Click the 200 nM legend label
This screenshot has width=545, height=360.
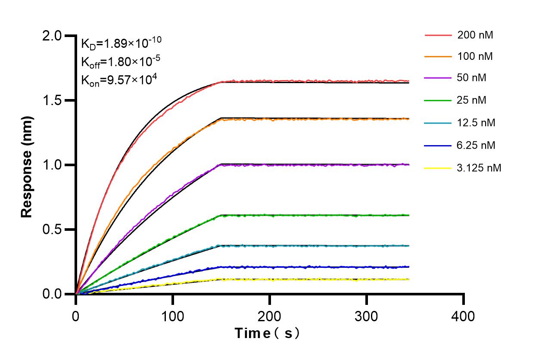pyautogui.click(x=475, y=35)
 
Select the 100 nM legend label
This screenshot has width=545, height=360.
pyautogui.click(x=475, y=57)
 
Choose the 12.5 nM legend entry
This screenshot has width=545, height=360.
pyautogui.click(x=476, y=123)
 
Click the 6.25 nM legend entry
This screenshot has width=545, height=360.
pyautogui.click(x=476, y=146)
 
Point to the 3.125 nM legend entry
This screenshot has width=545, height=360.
pyautogui.click(x=479, y=168)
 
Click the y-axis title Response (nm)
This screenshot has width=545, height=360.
pyautogui.click(x=27, y=167)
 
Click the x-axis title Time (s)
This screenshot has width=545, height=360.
pyautogui.click(x=267, y=333)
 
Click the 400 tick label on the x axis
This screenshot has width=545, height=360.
pyautogui.click(x=463, y=317)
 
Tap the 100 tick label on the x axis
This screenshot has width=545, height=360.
pyautogui.click(x=173, y=317)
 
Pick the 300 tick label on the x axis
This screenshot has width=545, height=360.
pyautogui.click(x=366, y=317)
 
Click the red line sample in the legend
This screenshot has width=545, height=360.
pyautogui.click(x=438, y=35)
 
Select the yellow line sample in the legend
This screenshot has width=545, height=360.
pyautogui.click(x=438, y=168)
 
